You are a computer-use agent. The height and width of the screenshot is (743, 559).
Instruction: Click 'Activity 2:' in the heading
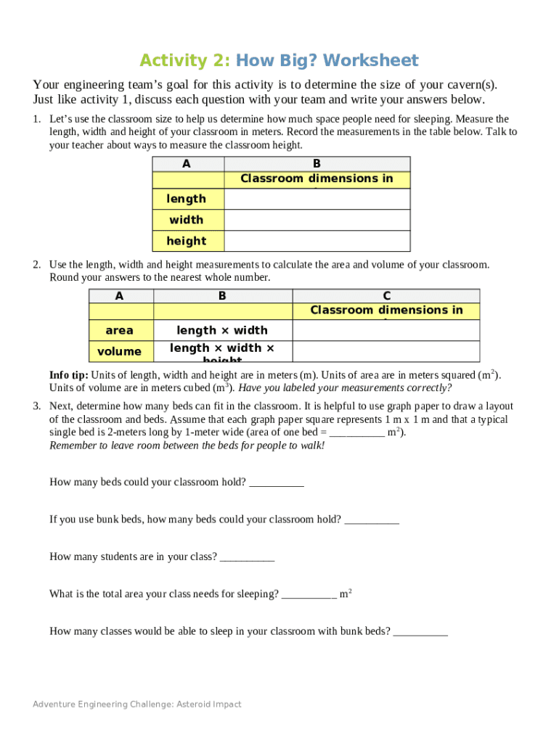[x=185, y=60]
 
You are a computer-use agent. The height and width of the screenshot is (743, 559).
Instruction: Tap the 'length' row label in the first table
[x=186, y=199]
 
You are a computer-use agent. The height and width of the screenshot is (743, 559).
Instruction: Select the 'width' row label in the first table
[x=186, y=220]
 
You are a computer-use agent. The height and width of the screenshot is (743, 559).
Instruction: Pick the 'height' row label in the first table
[x=186, y=241]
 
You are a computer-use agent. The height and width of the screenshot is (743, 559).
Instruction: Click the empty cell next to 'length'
[x=317, y=199]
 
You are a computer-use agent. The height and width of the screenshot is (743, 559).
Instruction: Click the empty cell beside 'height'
[x=317, y=241]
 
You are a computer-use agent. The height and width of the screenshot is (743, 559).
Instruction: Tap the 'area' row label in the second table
[x=120, y=331]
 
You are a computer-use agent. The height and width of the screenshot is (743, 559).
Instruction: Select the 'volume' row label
[x=120, y=352]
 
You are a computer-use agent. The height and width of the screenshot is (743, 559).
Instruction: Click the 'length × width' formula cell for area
[x=222, y=331]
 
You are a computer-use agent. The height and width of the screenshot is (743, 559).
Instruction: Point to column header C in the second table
[x=386, y=295]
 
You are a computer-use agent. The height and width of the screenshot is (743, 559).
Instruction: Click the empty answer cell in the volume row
[x=386, y=352]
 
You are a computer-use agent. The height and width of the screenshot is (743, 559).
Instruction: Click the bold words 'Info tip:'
[x=69, y=375]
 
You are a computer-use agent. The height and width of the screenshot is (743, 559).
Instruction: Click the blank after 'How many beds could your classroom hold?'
[x=276, y=483]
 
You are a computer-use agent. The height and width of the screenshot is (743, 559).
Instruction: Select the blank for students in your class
[x=247, y=557]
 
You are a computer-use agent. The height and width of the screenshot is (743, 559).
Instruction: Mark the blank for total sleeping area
[x=309, y=594]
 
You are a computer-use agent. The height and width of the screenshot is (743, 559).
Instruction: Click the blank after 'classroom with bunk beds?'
[x=420, y=632]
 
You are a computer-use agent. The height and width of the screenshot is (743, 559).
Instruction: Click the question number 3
[x=36, y=406]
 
